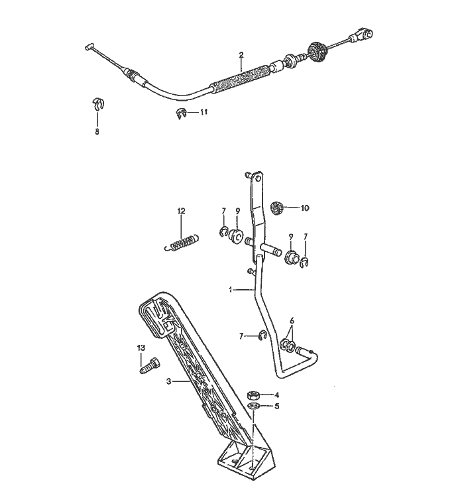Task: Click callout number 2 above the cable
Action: pos(241,54)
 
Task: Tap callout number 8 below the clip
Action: pos(97,132)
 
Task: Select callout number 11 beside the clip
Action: pos(203,113)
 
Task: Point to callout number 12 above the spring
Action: pos(181,211)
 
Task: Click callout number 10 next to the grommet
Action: pos(305,208)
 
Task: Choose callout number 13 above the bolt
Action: pos(141,348)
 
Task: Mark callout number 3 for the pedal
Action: pos(169,381)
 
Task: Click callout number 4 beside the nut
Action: pos(277,395)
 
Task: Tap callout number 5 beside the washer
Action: pos(277,406)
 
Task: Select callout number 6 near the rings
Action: pos(292,319)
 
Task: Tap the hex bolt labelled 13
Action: pos(146,364)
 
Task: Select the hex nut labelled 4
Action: pos(252,395)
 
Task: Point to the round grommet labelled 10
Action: pos(279,208)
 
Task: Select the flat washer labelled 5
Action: pos(253,406)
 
